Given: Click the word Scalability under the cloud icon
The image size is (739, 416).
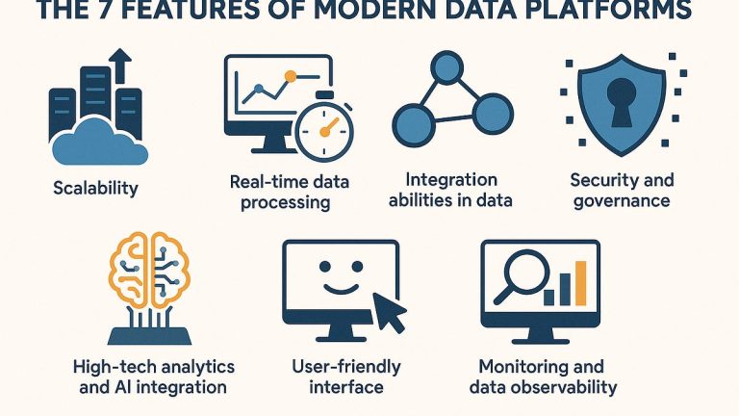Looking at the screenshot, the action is [x=95, y=189].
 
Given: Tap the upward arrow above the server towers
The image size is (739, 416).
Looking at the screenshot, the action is [x=120, y=65].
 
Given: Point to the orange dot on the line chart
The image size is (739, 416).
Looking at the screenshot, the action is [x=291, y=76].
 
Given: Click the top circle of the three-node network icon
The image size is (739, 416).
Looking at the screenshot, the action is [x=446, y=68].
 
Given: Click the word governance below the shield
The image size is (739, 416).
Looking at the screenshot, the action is [x=622, y=201].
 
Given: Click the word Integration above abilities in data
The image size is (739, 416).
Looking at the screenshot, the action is [x=451, y=180].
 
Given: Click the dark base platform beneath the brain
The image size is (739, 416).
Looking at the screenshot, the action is [x=149, y=335].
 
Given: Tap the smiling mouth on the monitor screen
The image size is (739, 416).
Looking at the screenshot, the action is [x=341, y=287].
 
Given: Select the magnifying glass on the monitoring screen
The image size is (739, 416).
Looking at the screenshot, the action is [x=523, y=277].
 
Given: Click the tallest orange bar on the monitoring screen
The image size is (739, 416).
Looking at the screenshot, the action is [x=581, y=283].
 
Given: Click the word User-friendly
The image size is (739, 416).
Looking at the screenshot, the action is [x=346, y=367].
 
